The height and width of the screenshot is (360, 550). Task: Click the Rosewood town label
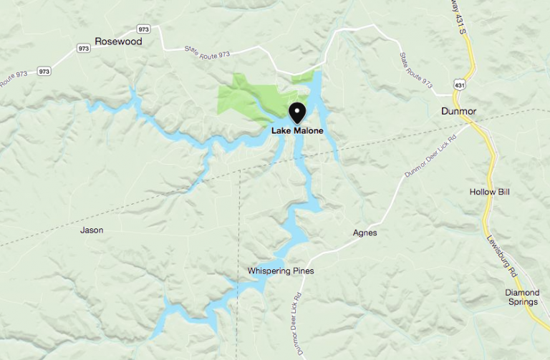point(118,42)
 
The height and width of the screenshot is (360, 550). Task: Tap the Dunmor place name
point(459,111)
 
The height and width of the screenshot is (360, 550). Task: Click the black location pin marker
point(297,113)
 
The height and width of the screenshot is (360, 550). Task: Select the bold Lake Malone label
point(297,131)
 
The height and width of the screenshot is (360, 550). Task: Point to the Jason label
point(92,230)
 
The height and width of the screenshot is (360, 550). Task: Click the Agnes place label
point(365,233)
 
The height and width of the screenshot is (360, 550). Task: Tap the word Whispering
point(269,271)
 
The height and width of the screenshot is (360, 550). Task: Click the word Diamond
point(522,292)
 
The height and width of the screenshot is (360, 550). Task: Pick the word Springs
point(522,302)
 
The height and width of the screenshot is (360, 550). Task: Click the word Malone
point(309,131)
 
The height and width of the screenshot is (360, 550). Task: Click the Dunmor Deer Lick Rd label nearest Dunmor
point(430,156)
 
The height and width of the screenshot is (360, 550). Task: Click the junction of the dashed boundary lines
point(238,171)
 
